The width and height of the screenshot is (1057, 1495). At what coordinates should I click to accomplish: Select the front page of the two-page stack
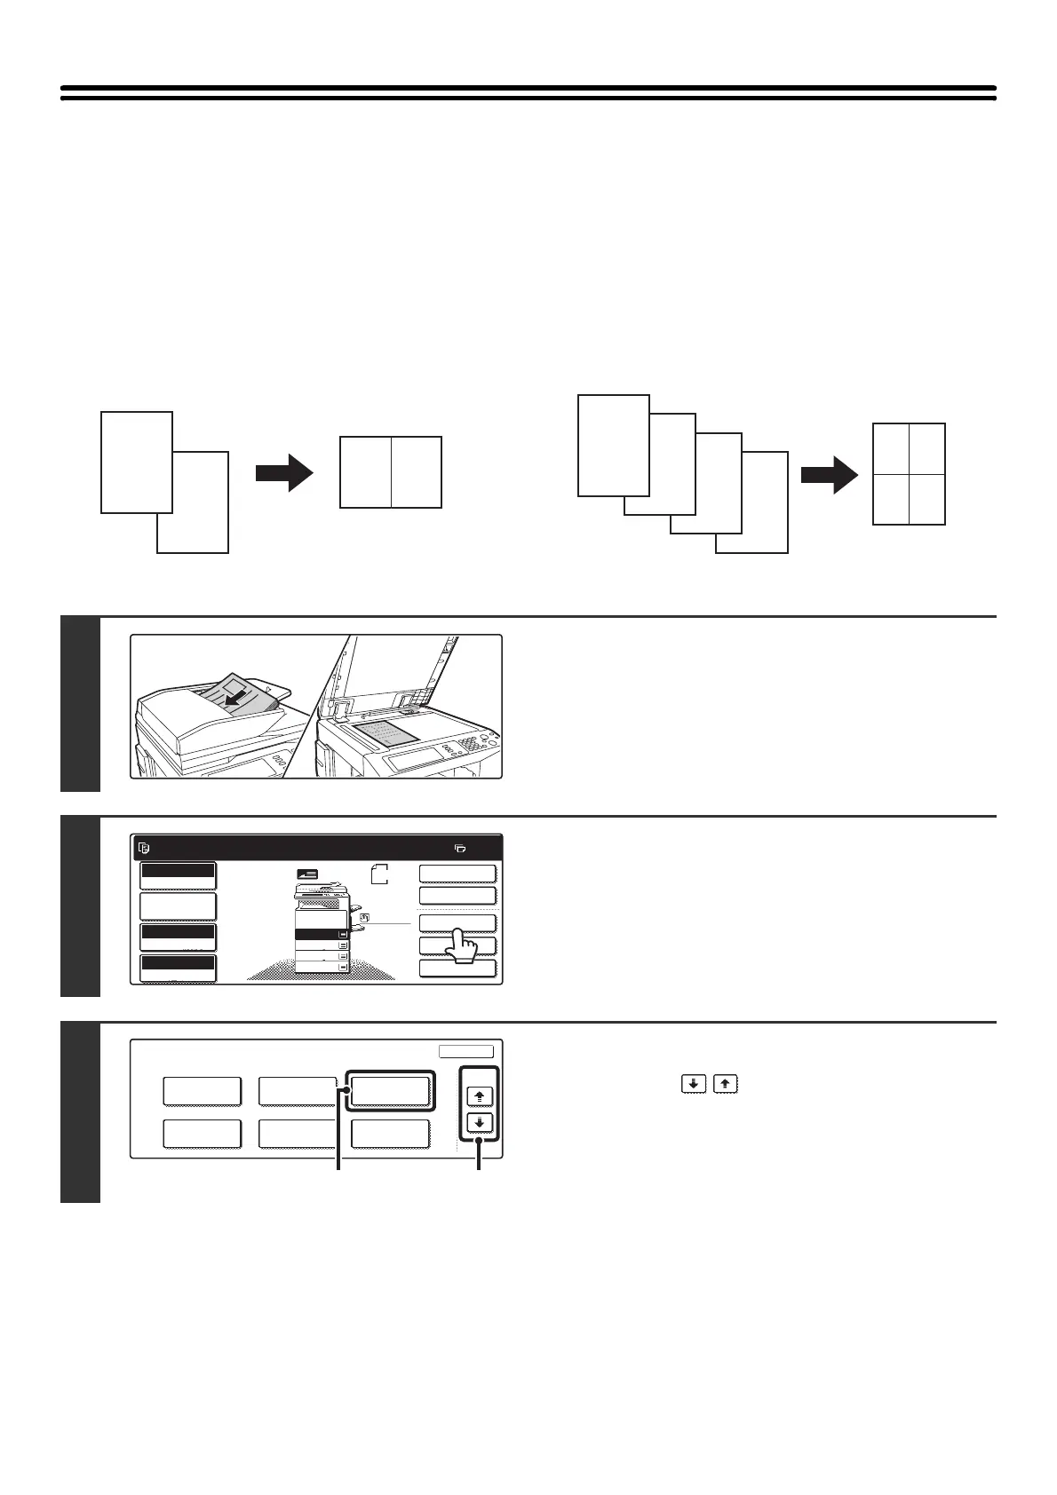click(x=136, y=462)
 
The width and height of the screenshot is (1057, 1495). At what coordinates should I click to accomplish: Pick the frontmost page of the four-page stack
click(x=613, y=444)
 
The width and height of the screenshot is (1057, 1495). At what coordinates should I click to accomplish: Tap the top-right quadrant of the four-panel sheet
click(x=927, y=448)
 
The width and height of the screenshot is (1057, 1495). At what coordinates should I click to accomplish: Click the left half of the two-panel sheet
click(x=366, y=472)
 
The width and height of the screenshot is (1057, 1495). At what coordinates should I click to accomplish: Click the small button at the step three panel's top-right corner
click(x=466, y=1051)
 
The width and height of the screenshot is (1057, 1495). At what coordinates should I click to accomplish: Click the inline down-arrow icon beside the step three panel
click(x=693, y=1084)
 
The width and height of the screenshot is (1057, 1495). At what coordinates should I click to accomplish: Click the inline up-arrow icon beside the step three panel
click(x=725, y=1084)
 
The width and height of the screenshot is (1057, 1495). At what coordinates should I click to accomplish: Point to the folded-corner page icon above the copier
click(x=379, y=873)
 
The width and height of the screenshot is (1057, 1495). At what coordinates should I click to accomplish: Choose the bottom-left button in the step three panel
click(x=202, y=1134)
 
